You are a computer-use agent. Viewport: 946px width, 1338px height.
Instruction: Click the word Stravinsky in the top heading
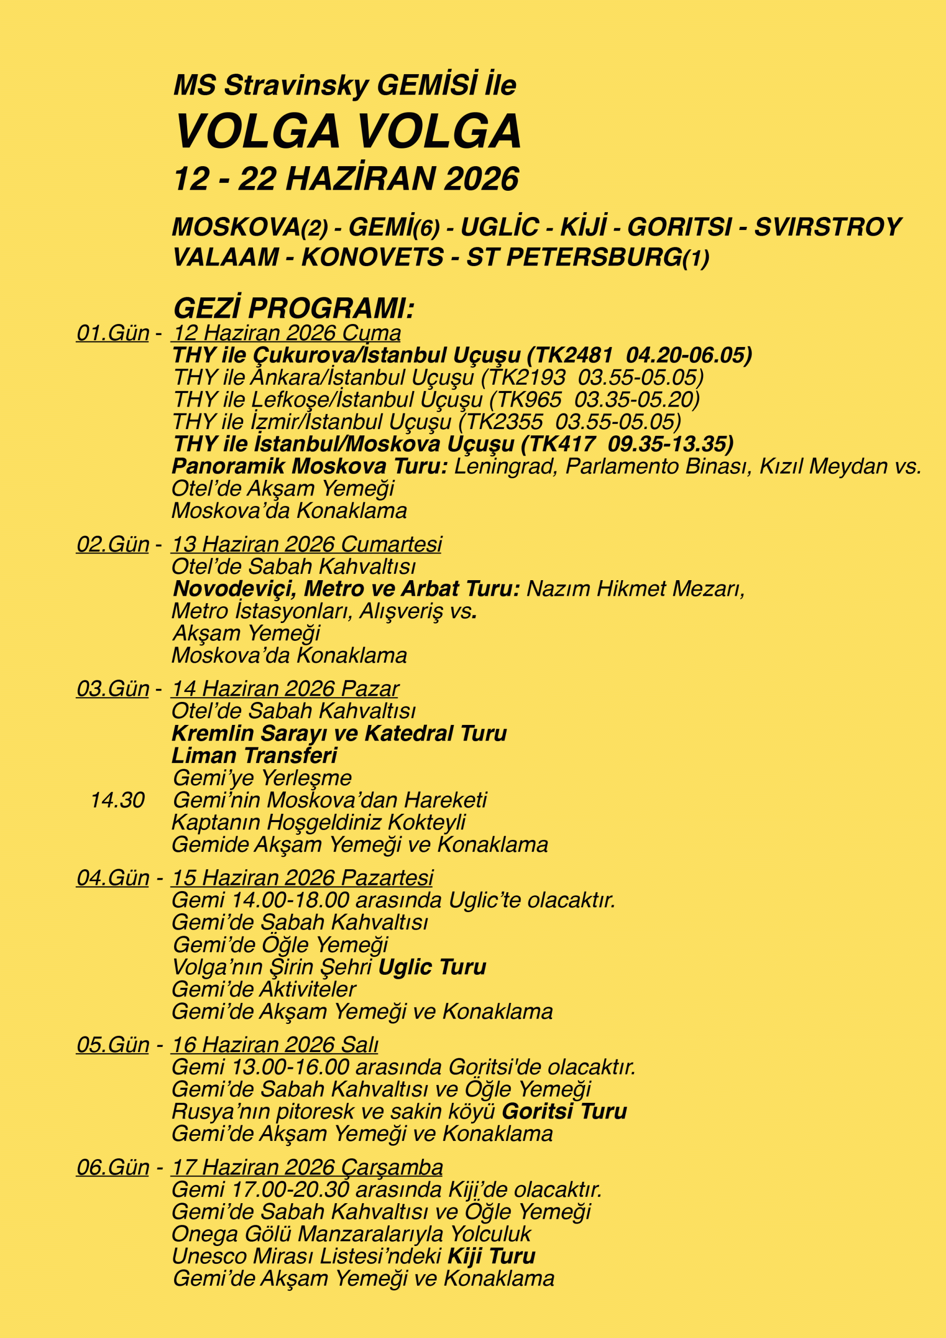click(296, 86)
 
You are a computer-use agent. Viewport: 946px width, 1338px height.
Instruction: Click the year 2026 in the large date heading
click(481, 178)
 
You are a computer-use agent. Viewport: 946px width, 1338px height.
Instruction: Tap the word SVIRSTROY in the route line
click(828, 227)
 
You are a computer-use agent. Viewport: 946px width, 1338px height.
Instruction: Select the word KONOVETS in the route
click(373, 258)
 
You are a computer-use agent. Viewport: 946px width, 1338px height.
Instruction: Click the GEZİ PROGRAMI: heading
click(294, 308)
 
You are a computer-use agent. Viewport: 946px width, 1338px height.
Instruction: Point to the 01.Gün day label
click(113, 333)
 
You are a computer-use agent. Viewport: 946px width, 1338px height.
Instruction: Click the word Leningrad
click(503, 466)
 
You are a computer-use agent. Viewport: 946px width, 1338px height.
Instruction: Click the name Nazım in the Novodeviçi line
click(556, 589)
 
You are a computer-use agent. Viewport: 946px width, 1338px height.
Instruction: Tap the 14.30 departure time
click(118, 800)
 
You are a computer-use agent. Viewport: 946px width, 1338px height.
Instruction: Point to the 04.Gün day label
click(113, 878)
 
